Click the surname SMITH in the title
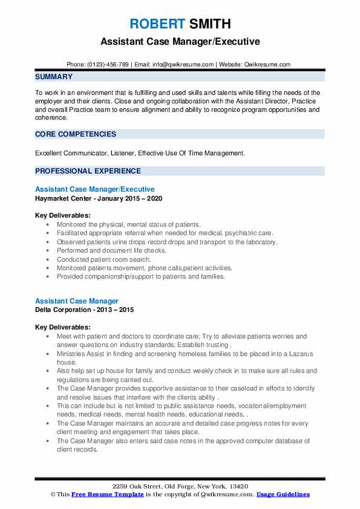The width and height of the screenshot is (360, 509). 208,24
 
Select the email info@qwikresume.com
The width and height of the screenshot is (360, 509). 183,64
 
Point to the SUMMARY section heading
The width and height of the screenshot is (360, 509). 54,77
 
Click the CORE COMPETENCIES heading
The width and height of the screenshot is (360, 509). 76,134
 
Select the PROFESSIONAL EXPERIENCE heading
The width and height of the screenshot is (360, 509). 88,170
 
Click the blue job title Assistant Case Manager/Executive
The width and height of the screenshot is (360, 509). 95,189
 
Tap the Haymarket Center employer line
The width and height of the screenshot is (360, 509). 99,198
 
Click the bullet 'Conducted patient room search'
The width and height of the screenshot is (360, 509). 103,259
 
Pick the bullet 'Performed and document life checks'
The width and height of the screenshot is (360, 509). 111,250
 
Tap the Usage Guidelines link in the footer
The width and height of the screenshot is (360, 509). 283,494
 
